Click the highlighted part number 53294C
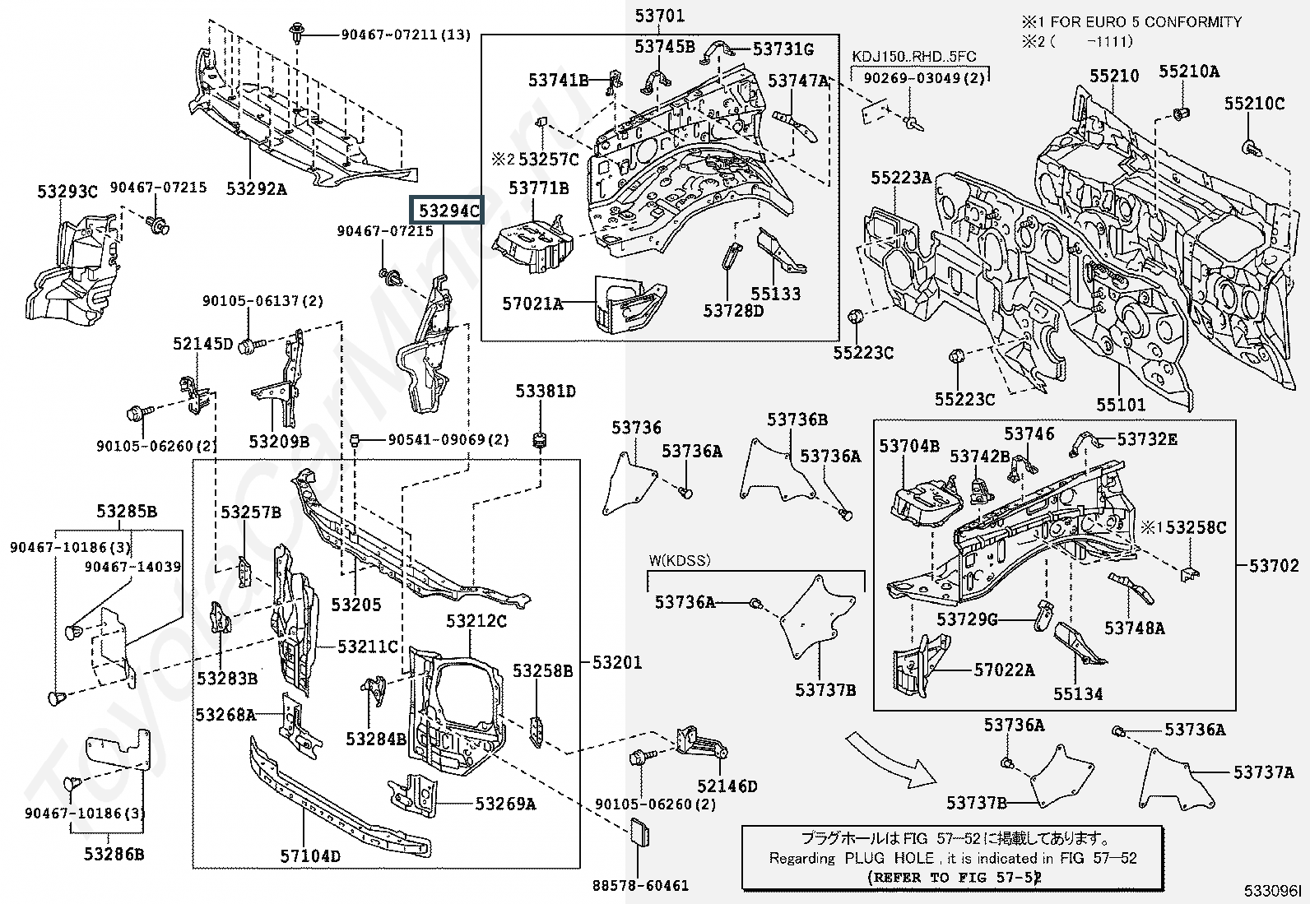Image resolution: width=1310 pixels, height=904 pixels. tap(448, 211)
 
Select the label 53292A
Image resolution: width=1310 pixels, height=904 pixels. tap(257, 189)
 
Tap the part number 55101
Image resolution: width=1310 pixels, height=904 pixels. tap(1121, 404)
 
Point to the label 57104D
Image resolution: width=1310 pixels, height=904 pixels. tap(310, 856)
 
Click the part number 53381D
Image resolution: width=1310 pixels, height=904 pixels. tap(546, 391)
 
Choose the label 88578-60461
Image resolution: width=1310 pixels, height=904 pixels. tap(640, 885)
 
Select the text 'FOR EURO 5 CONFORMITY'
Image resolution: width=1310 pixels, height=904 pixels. tap(1145, 22)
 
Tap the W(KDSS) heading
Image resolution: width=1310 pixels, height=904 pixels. tap(679, 561)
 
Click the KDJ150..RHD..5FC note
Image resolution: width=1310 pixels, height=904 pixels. tap(913, 57)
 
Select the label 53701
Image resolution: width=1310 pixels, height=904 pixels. tap(659, 16)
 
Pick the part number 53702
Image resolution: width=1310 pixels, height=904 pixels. tap(1274, 565)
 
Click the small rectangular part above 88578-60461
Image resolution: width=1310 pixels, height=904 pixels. tap(640, 834)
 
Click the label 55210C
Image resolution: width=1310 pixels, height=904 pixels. tap(1254, 104)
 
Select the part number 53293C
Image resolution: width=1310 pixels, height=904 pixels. tap(67, 192)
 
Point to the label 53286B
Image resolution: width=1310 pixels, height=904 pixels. tap(114, 854)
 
